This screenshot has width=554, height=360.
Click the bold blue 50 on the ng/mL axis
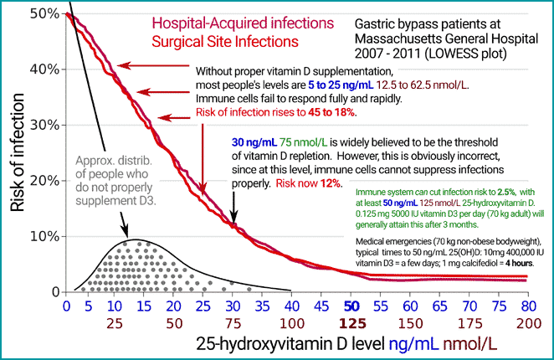(354, 306)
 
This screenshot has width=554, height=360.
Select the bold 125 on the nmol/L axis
(354, 323)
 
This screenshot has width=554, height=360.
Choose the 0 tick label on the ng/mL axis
(67, 306)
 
